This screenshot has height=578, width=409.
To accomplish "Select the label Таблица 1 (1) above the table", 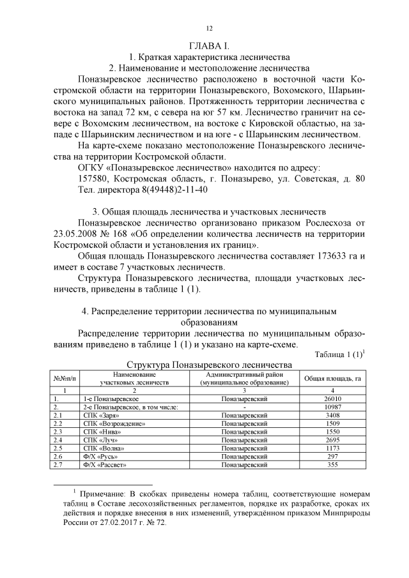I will (338, 355).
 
